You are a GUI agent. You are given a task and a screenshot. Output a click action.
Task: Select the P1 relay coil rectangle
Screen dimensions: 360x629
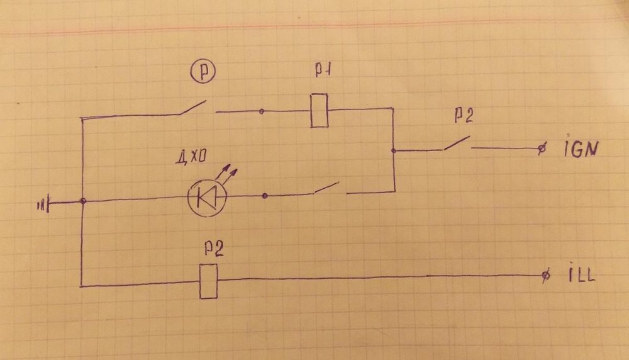click(x=320, y=110)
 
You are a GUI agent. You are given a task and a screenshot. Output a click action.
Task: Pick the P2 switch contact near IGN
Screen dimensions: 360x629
click(x=457, y=144)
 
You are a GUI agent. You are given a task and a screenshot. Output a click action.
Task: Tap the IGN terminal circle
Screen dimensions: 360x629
click(x=542, y=149)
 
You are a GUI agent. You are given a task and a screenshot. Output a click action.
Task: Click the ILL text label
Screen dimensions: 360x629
click(x=579, y=275)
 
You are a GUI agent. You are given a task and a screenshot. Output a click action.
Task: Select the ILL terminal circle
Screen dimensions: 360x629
click(x=545, y=276)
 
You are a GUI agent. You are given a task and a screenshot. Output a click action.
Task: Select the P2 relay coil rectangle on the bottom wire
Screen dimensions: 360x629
click(x=208, y=281)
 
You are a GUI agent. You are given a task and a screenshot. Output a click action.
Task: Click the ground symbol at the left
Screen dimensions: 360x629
click(x=45, y=203)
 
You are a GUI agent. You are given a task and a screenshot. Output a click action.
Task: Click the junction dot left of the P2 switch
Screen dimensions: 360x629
click(x=393, y=151)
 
